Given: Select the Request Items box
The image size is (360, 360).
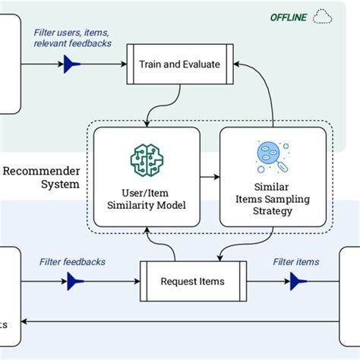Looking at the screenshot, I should [x=192, y=281].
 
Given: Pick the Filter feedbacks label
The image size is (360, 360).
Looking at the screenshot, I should [x=72, y=262].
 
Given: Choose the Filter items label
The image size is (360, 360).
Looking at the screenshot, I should [x=296, y=262].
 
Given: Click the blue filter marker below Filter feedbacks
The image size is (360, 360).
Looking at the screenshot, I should [x=74, y=282].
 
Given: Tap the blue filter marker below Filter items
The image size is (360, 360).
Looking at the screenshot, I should [x=297, y=282].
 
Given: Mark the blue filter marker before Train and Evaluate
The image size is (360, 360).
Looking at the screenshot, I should [x=72, y=65].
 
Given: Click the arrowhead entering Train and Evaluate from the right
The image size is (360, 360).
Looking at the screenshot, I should [x=240, y=65].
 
